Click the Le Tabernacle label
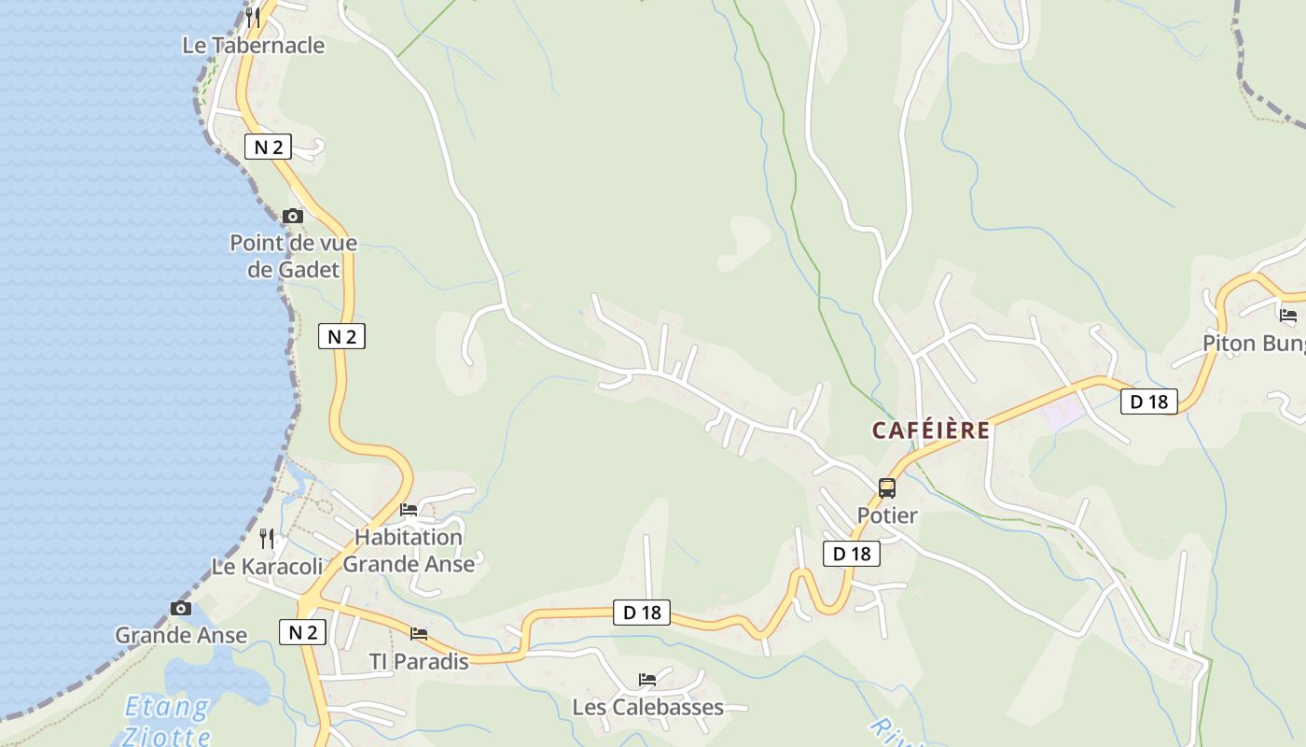(254, 45)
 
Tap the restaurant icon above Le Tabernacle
(253, 17)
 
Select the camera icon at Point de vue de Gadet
(293, 216)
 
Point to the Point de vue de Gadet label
(294, 256)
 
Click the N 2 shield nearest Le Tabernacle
(268, 147)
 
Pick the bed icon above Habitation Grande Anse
(409, 510)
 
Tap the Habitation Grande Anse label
(409, 550)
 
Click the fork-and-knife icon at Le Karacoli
(267, 539)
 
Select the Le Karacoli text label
(268, 566)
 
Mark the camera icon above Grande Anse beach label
(181, 609)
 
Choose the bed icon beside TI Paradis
(419, 634)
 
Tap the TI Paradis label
(419, 661)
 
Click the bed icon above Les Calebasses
(647, 680)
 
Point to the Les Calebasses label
(647, 707)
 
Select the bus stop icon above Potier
(887, 487)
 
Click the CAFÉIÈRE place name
(931, 430)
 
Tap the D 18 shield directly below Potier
(851, 554)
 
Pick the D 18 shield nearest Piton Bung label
(1148, 402)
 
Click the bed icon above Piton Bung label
(1288, 316)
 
